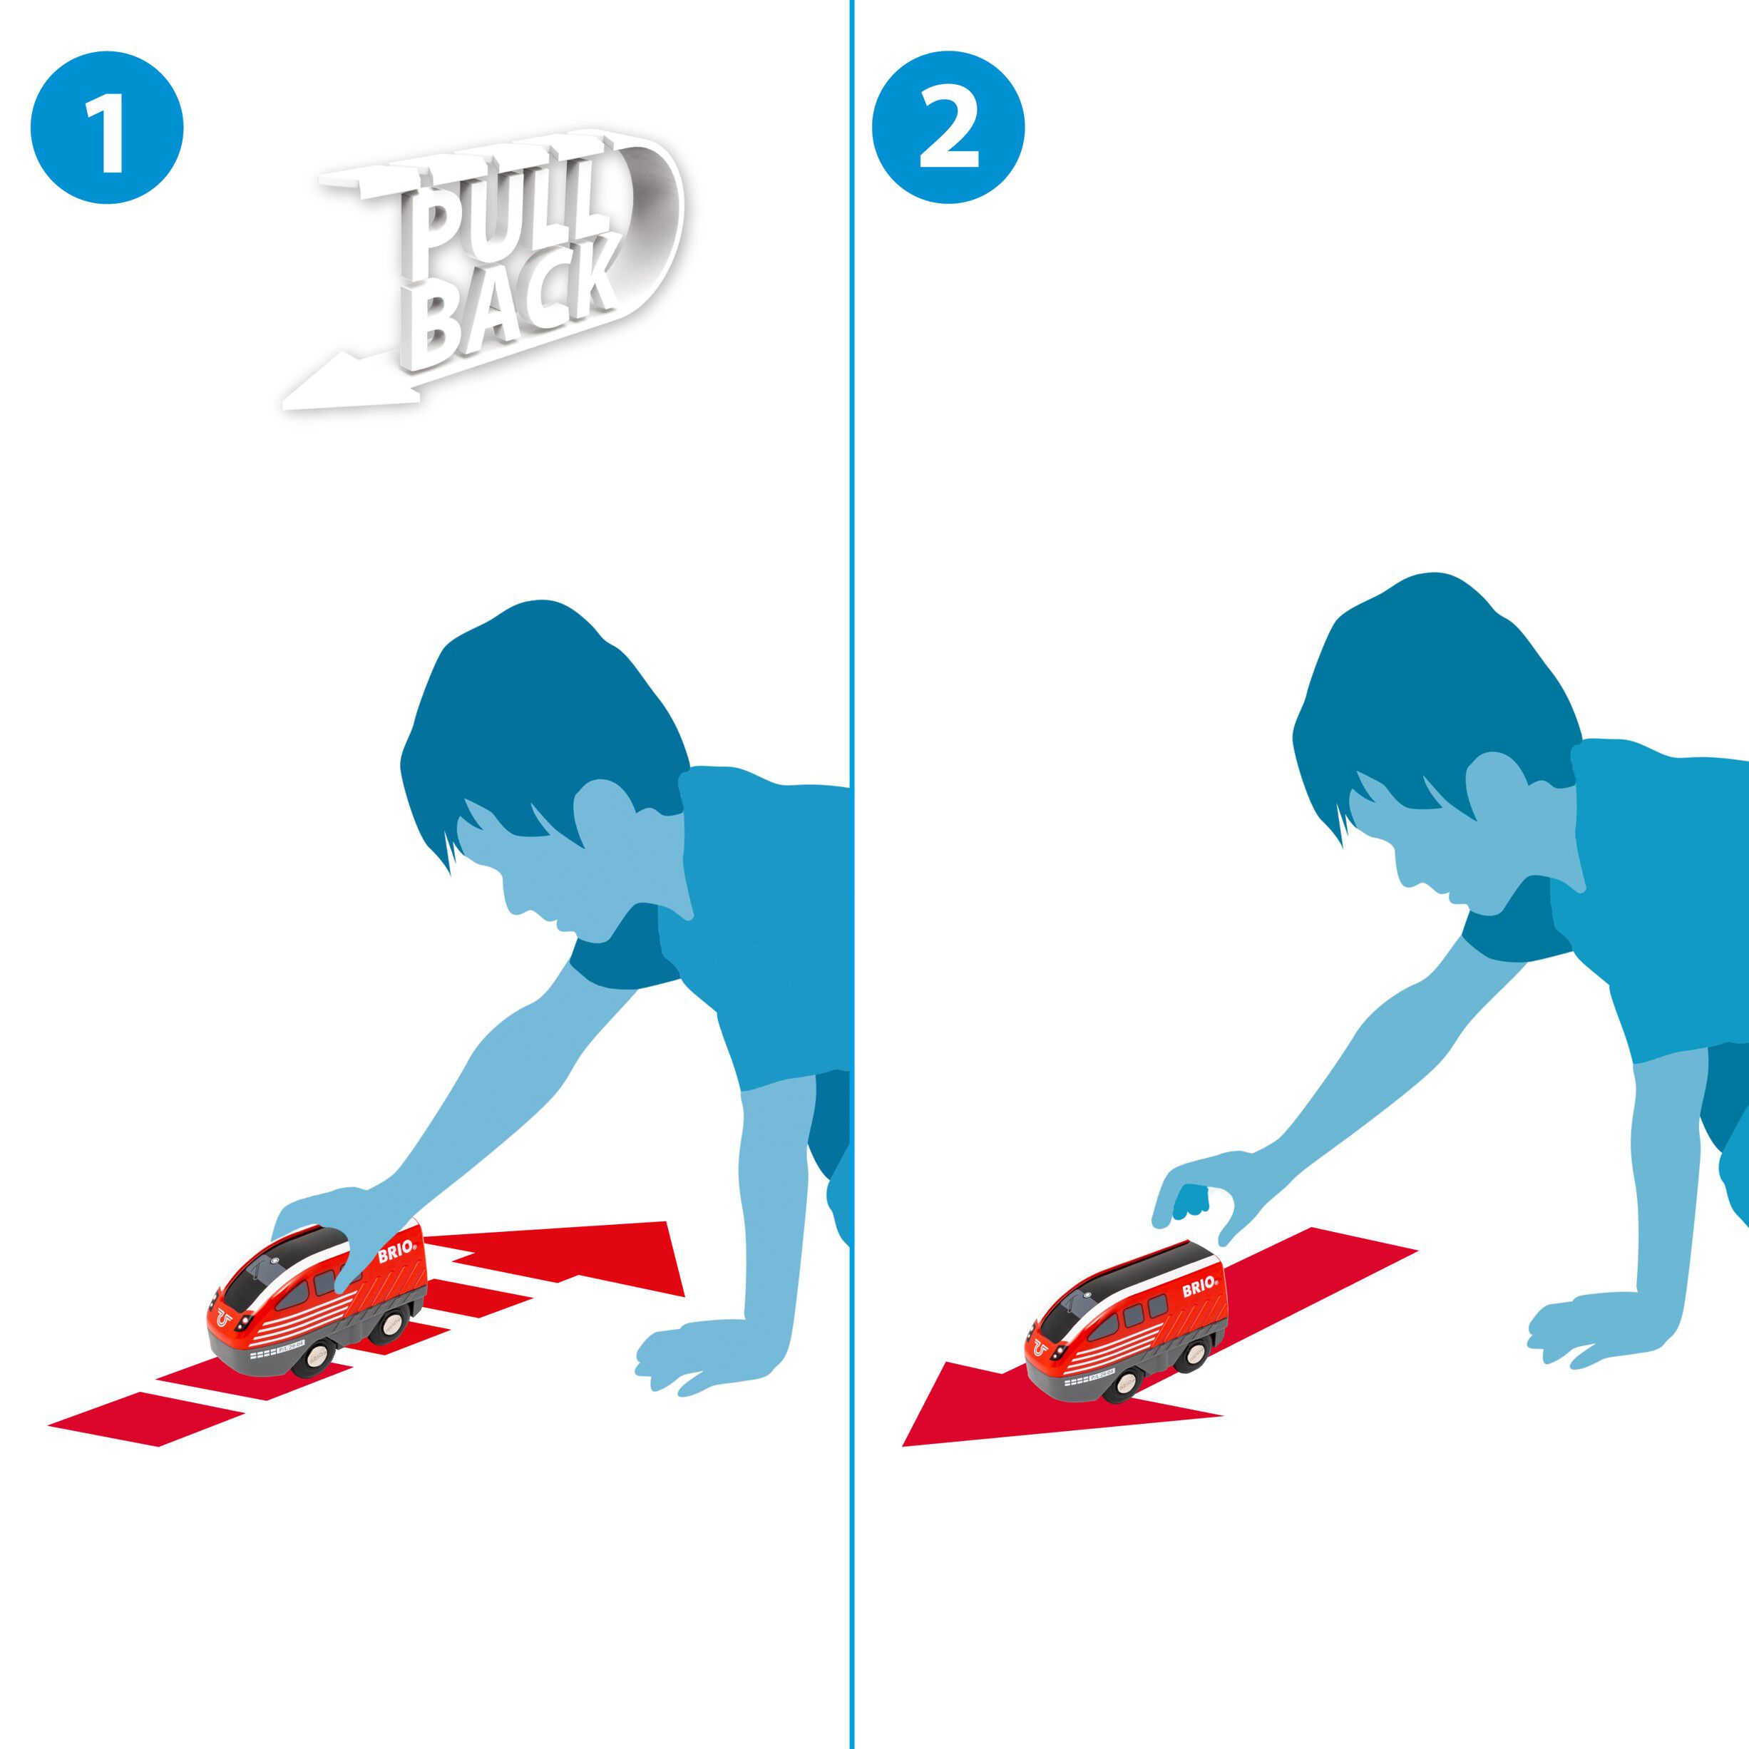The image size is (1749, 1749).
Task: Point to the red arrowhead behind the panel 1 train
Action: pos(634,1253)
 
